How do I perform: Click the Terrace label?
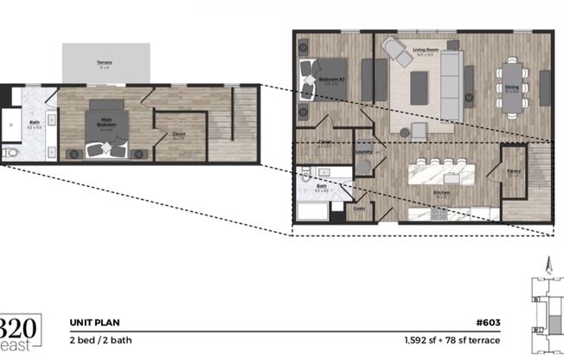coord(103,63)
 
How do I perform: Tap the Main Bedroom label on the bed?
coord(106,124)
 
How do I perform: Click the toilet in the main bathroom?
coord(10,153)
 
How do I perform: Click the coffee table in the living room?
coord(420,83)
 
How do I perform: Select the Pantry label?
coord(513,171)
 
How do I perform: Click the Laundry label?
coord(363,151)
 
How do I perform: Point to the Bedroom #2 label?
coord(330,78)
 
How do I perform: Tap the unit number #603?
coord(490,322)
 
